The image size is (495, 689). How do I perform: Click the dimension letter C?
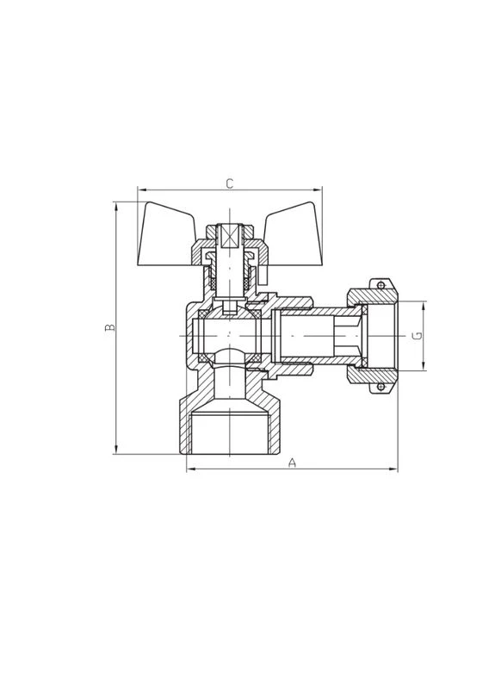pos(229,183)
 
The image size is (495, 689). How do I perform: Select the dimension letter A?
pos(292,462)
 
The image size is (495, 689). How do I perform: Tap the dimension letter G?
pos(418,336)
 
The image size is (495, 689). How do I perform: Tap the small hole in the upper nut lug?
pos(381,286)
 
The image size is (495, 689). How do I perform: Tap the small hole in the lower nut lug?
pos(381,387)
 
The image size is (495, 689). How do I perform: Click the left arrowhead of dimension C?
pos(142,189)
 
